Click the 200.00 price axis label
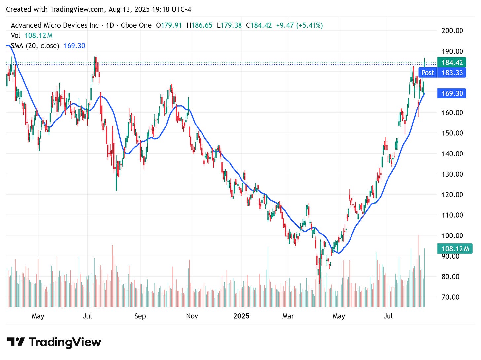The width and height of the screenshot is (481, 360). pos(452,31)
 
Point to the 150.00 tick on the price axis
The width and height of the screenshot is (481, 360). pos(452,133)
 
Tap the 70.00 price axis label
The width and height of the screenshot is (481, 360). pos(450,297)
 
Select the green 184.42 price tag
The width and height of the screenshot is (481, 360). pos(452,62)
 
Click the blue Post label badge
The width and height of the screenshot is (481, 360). pos(427,73)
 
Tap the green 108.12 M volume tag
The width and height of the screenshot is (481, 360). pos(455,249)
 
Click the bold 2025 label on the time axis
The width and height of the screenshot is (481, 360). pos(241,316)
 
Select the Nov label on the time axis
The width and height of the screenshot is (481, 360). pos(192,316)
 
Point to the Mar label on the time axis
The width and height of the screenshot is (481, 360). pos(288,316)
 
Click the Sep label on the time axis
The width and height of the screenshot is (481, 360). pos(140,316)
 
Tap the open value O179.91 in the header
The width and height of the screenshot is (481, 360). pos(169,25)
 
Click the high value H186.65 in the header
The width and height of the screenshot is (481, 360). pos(199,25)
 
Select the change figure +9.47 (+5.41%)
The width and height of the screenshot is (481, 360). pos(299,25)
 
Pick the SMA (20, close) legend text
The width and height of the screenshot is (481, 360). pos(35,46)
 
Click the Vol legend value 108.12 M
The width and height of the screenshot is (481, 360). pos(38,35)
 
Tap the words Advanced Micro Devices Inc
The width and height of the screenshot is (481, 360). pos(55,25)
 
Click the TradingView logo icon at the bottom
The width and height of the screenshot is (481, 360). pos(16,342)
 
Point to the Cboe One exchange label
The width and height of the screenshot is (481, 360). pos(136,25)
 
